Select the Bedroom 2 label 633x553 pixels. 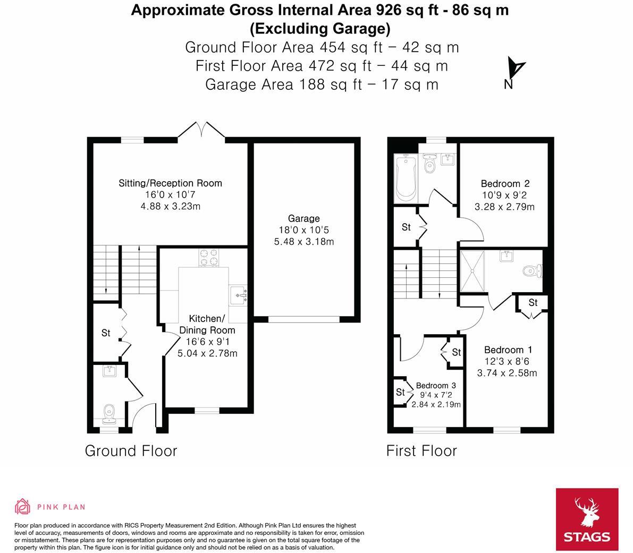(x=504, y=184)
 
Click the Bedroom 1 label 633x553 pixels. (x=508, y=350)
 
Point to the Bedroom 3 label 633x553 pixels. (x=436, y=385)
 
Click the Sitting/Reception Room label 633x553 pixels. (x=170, y=183)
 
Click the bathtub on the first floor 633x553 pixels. (x=406, y=177)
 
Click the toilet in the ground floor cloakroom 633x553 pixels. (x=109, y=411)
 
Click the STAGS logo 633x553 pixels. (x=587, y=520)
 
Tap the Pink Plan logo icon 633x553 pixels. (x=23, y=507)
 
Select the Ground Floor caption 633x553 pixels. (x=131, y=451)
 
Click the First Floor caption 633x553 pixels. (x=421, y=451)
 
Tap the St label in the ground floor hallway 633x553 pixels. (x=106, y=333)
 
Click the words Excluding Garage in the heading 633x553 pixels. (x=320, y=28)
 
